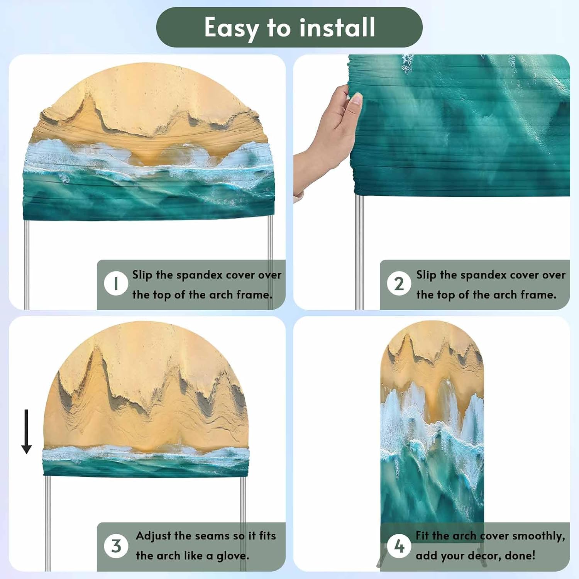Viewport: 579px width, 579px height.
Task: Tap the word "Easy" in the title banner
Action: tap(232, 28)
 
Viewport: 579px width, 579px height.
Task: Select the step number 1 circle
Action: tap(116, 284)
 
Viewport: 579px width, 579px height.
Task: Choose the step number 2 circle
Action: tap(399, 284)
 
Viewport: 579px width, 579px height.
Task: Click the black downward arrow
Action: tap(26, 432)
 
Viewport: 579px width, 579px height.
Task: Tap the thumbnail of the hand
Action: tap(328, 143)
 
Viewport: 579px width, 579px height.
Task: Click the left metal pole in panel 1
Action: tap(27, 265)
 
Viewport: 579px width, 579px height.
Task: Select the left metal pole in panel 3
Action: tap(47, 523)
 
